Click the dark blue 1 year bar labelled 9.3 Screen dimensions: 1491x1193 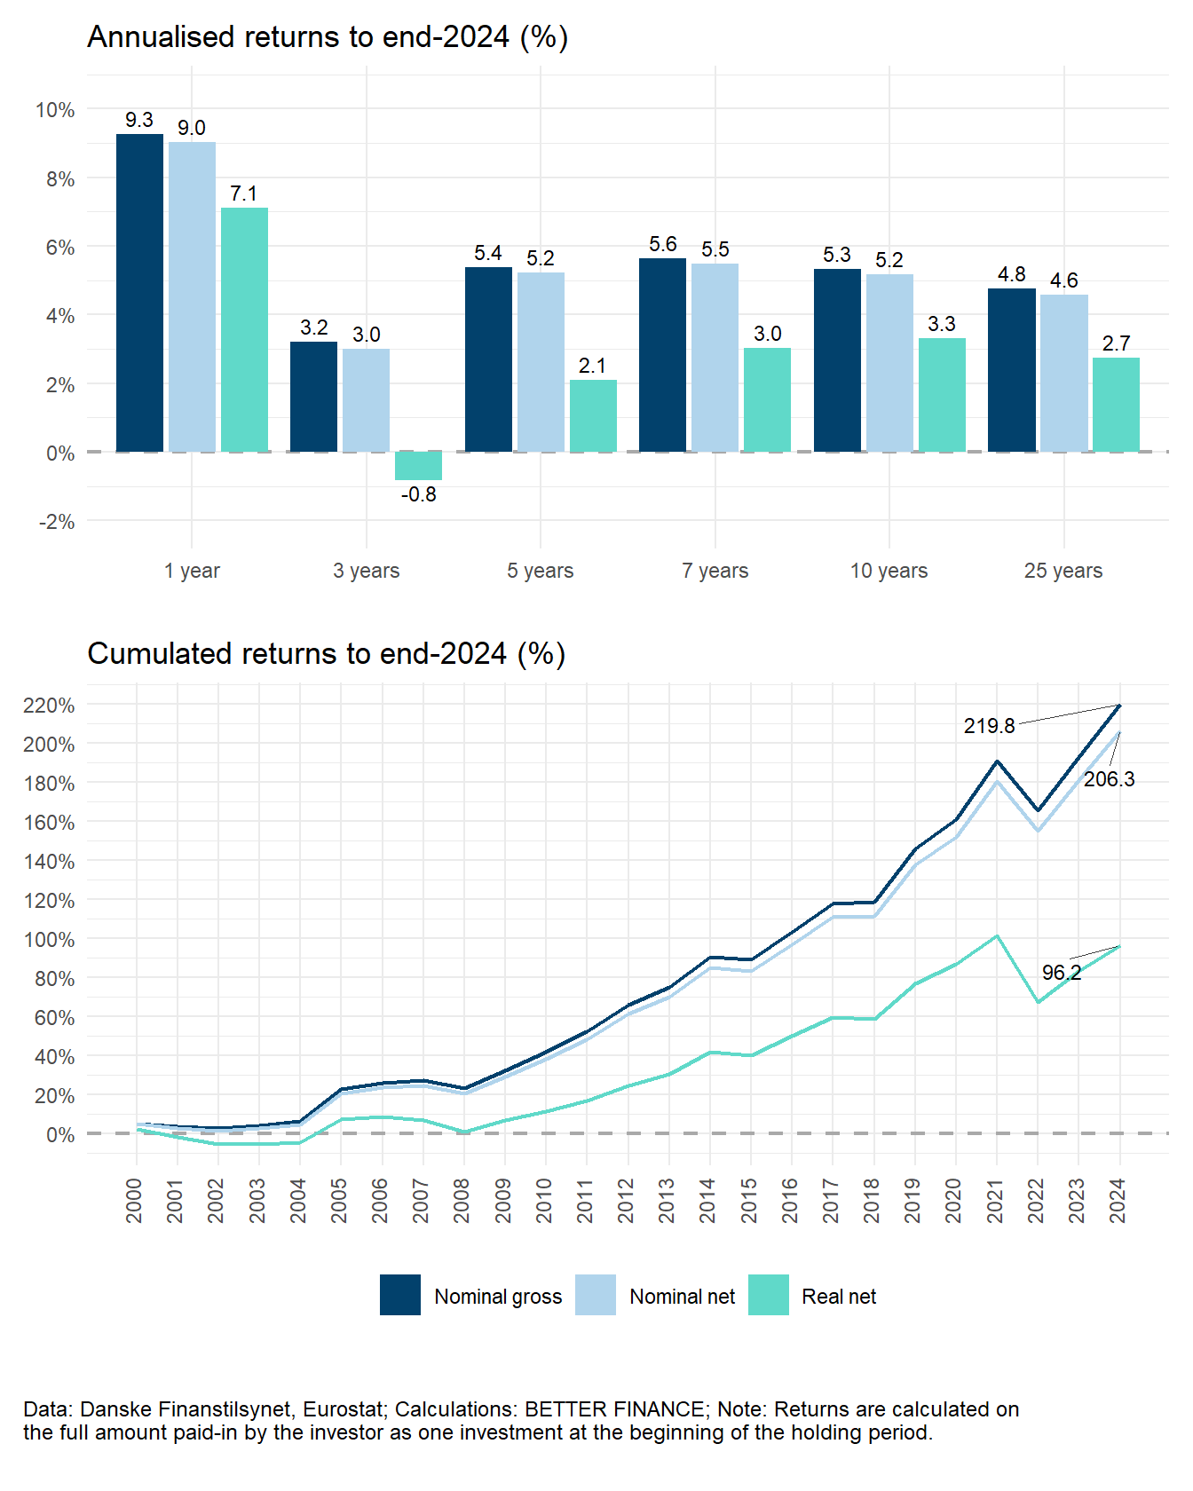[x=139, y=293]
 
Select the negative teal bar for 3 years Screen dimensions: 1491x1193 [x=418, y=466]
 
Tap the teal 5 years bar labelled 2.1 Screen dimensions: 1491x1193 [x=592, y=415]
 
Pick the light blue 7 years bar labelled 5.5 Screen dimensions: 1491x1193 [x=715, y=358]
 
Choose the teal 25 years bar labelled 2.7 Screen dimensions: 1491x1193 [x=1116, y=405]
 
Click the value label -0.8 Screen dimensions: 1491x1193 [x=418, y=494]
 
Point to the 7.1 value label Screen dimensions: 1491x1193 [x=243, y=193]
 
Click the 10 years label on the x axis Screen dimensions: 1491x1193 [x=889, y=571]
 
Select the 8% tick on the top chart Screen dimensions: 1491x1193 [x=55, y=178]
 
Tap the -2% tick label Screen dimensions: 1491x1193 [x=55, y=522]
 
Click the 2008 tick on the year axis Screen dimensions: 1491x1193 [x=462, y=1200]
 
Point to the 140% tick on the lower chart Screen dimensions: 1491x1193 [x=49, y=861]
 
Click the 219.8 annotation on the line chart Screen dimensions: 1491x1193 [x=989, y=726]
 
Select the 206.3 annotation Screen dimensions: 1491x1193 [x=1109, y=779]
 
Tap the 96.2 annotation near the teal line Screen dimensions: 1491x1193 [x=1061, y=973]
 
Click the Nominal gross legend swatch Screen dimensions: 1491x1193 [x=399, y=1295]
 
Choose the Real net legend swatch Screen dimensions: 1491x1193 [x=768, y=1295]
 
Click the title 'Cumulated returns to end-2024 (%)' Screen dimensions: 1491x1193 [x=326, y=653]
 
